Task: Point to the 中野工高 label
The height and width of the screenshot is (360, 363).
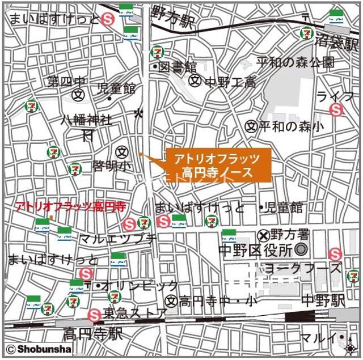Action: [230, 82]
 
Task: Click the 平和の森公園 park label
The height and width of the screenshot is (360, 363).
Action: [296, 61]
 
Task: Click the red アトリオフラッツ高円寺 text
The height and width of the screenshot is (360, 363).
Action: [71, 206]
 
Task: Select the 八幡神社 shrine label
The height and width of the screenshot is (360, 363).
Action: [87, 120]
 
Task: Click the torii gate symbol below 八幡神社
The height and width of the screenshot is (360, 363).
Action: [87, 135]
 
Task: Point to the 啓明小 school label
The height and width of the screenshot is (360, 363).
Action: [112, 167]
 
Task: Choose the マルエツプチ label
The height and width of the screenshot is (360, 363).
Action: [118, 239]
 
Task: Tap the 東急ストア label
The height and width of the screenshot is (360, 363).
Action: [135, 313]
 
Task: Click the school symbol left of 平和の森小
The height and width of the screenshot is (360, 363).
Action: [251, 126]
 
